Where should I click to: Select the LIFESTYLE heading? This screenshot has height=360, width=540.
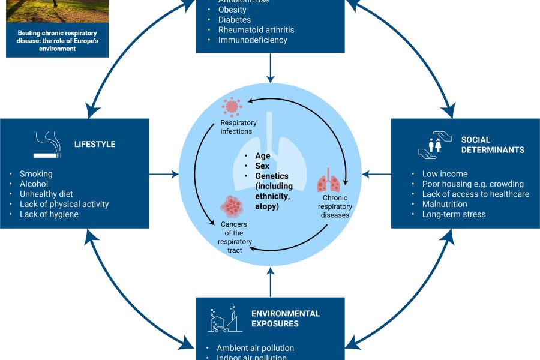(x=95, y=145)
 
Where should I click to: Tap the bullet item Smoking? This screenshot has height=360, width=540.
(x=36, y=173)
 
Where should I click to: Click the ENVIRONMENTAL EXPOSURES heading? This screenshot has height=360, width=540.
(x=286, y=319)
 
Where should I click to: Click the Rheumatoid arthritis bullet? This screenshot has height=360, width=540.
(x=256, y=30)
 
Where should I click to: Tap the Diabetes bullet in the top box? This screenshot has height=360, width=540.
(x=235, y=20)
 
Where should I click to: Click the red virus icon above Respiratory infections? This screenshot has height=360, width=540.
(x=231, y=107)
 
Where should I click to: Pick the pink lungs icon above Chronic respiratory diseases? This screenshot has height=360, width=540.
(x=328, y=181)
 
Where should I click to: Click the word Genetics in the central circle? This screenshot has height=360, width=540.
(x=272, y=176)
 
